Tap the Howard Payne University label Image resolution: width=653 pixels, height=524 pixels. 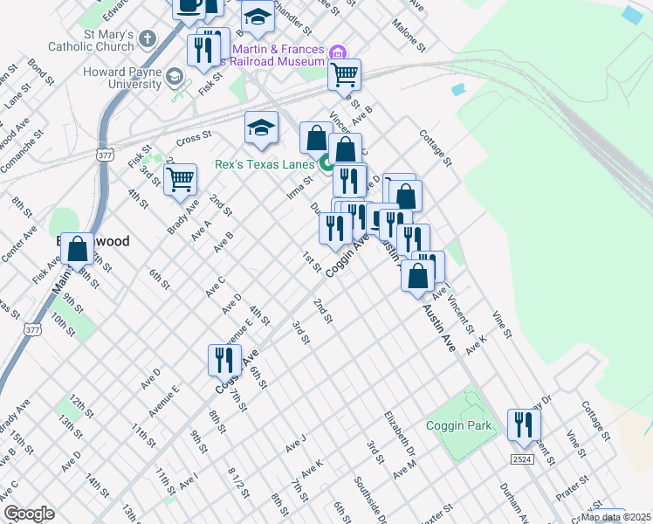tap(121, 78)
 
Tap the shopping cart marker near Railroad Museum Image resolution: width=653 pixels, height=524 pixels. tap(345, 74)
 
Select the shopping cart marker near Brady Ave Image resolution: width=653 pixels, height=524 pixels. tap(180, 179)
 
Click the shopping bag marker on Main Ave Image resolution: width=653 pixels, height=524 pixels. tap(78, 248)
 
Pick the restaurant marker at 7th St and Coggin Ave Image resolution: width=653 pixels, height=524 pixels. tap(224, 359)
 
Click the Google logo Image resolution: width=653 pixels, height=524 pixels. tap(28, 513)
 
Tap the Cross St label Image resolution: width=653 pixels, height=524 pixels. tap(194, 137)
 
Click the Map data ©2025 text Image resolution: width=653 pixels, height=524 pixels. tap(615, 517)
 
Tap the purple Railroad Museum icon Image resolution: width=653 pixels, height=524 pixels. tap(338, 52)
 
